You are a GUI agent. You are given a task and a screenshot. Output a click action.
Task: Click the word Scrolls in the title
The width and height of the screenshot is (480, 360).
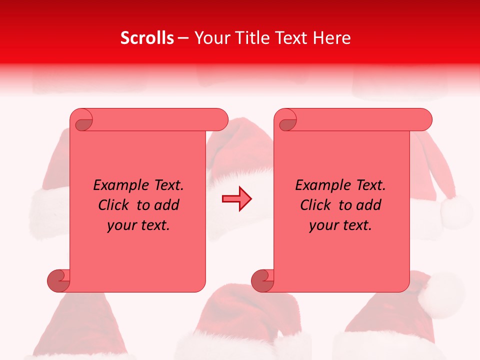tap(147, 38)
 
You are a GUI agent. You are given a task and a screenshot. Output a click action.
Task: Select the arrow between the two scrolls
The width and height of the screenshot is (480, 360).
tap(236, 199)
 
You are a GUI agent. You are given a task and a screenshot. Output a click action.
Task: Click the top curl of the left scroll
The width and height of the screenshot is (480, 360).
tap(82, 120)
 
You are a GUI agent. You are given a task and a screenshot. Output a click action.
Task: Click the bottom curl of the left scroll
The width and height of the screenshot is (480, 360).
tap(58, 280)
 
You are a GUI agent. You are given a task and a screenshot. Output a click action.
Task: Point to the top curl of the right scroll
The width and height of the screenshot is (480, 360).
tap(286, 120)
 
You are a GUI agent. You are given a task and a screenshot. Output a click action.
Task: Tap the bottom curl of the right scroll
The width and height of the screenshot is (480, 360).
tap(262, 280)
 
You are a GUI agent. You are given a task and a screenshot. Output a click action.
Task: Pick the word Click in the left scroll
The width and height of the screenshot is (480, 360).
tap(112, 205)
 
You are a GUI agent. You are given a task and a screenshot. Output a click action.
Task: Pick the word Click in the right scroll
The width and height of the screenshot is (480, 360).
tap(314, 205)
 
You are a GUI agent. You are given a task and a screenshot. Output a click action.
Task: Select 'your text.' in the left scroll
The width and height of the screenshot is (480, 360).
tap(138, 225)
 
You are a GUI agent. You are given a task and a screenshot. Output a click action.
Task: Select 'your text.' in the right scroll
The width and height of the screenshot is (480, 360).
tap(340, 225)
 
